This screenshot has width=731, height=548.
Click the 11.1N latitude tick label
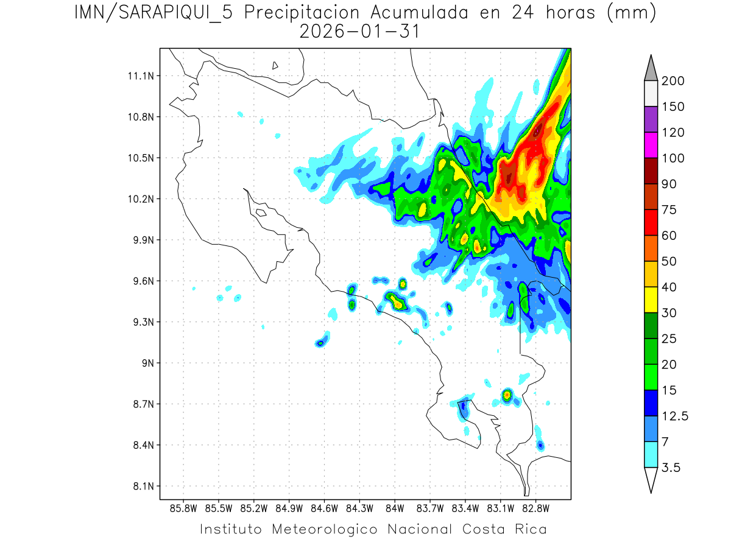[139, 76]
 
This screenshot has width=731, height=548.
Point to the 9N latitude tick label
[144, 363]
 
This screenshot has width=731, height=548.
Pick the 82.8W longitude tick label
[535, 508]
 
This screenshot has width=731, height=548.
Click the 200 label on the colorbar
[673, 81]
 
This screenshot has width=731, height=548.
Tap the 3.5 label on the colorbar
[671, 468]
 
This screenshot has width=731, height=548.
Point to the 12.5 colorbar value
[674, 416]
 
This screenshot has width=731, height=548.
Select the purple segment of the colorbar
[650, 119]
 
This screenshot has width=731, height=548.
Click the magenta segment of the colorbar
[650, 145]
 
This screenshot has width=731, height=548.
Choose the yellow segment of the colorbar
[650, 300]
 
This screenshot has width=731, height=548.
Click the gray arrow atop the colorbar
[650, 68]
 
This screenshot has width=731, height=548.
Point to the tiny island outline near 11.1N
[275, 65]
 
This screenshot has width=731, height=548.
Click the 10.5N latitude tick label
[139, 158]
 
